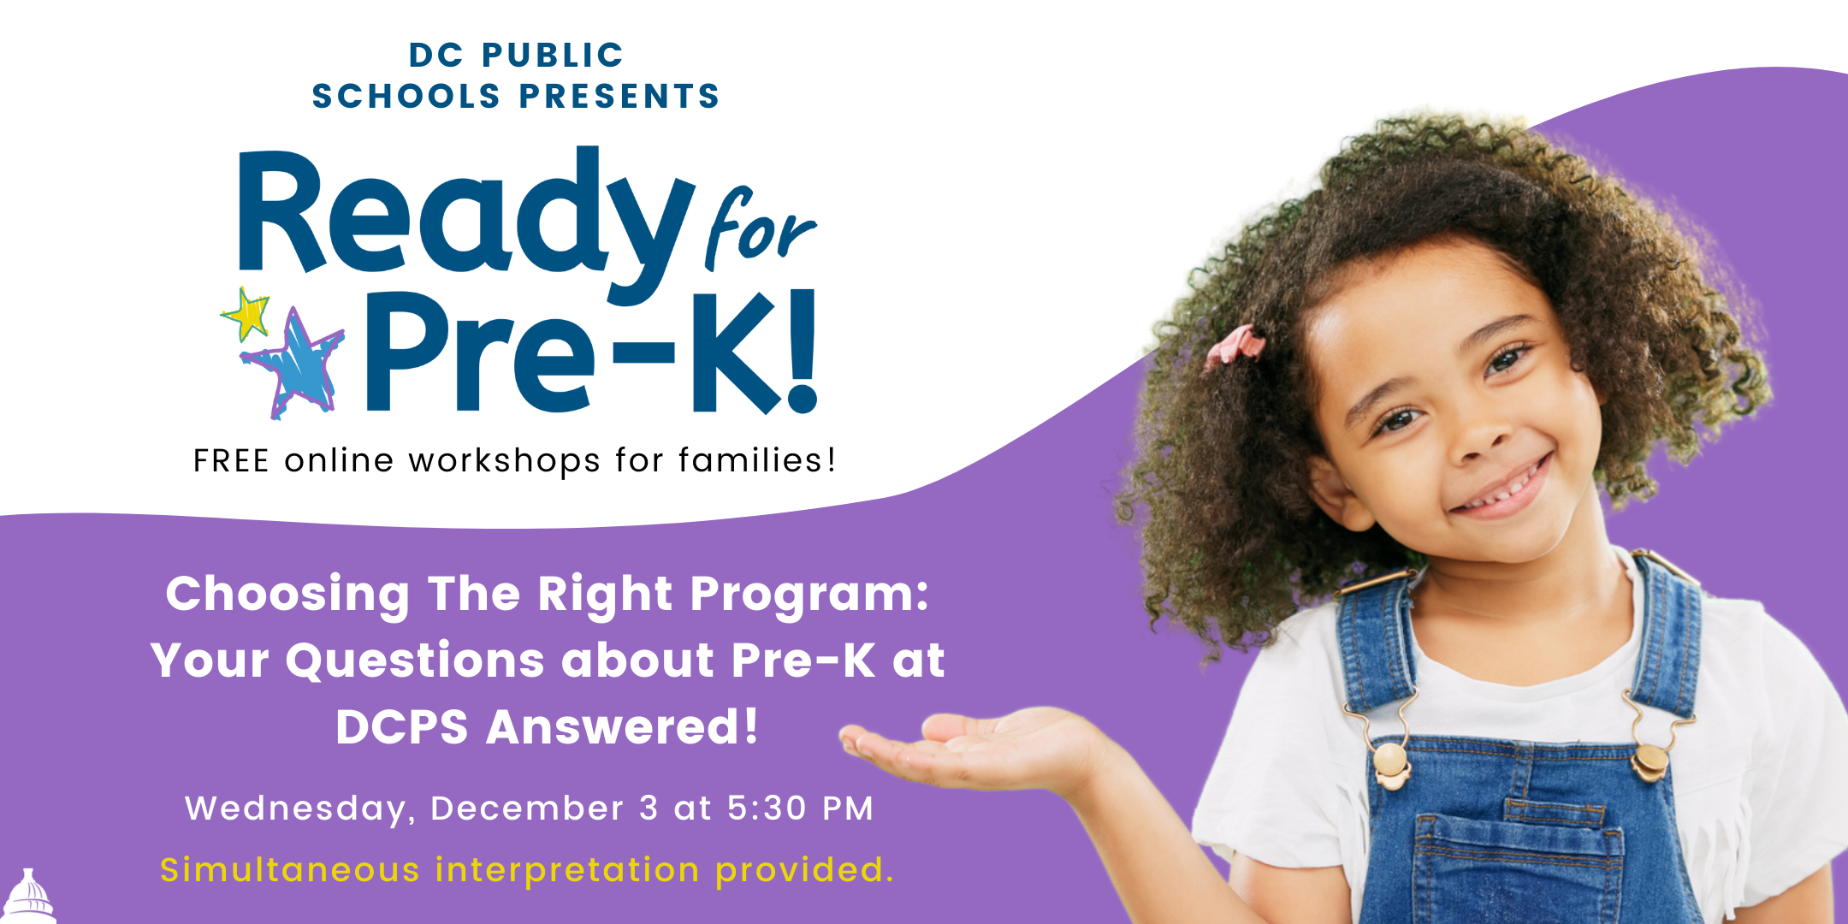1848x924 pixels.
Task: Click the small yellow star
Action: [246, 313]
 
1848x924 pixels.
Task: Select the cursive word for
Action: [758, 229]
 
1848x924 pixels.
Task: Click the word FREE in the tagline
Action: [231, 461]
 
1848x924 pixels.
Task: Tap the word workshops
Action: [504, 462]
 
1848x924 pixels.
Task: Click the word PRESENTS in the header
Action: [619, 96]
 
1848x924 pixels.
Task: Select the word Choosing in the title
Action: [287, 594]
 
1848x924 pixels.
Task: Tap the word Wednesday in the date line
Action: [295, 808]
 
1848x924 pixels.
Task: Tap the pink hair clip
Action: [1236, 344]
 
